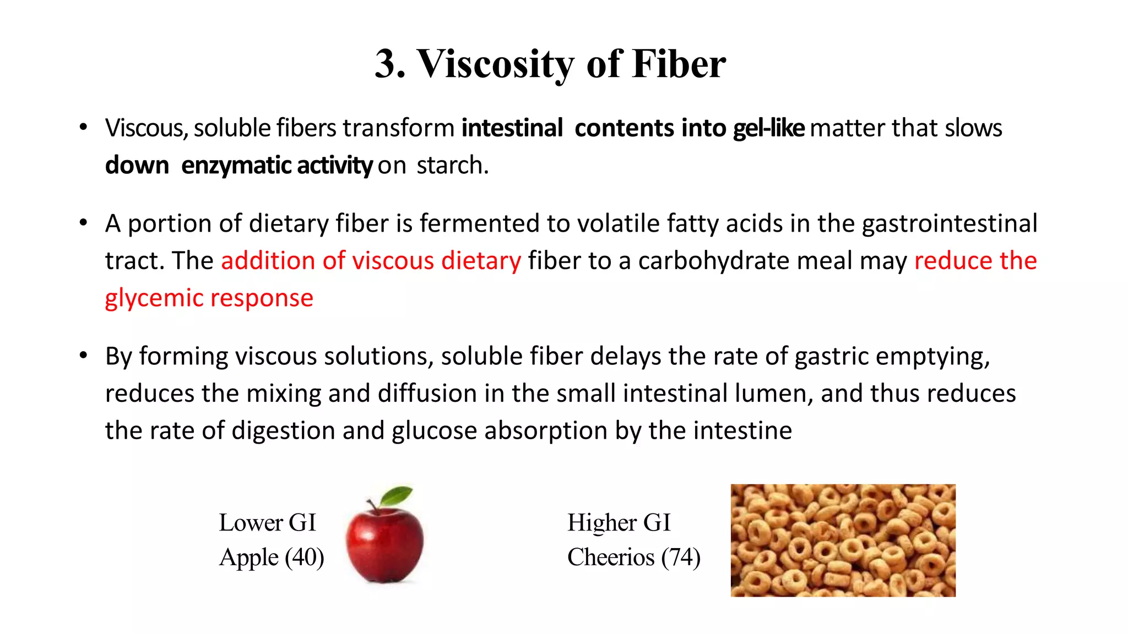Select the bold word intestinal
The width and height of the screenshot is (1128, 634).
click(512, 128)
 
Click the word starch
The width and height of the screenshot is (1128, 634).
click(452, 166)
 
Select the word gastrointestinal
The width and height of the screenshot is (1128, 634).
click(950, 224)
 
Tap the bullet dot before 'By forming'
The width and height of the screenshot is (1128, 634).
click(83, 356)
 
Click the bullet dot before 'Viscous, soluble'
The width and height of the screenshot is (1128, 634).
click(83, 128)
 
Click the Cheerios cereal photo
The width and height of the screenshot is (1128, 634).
click(843, 540)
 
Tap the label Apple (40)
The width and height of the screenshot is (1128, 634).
click(271, 558)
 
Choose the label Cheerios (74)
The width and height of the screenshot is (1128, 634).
click(633, 558)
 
